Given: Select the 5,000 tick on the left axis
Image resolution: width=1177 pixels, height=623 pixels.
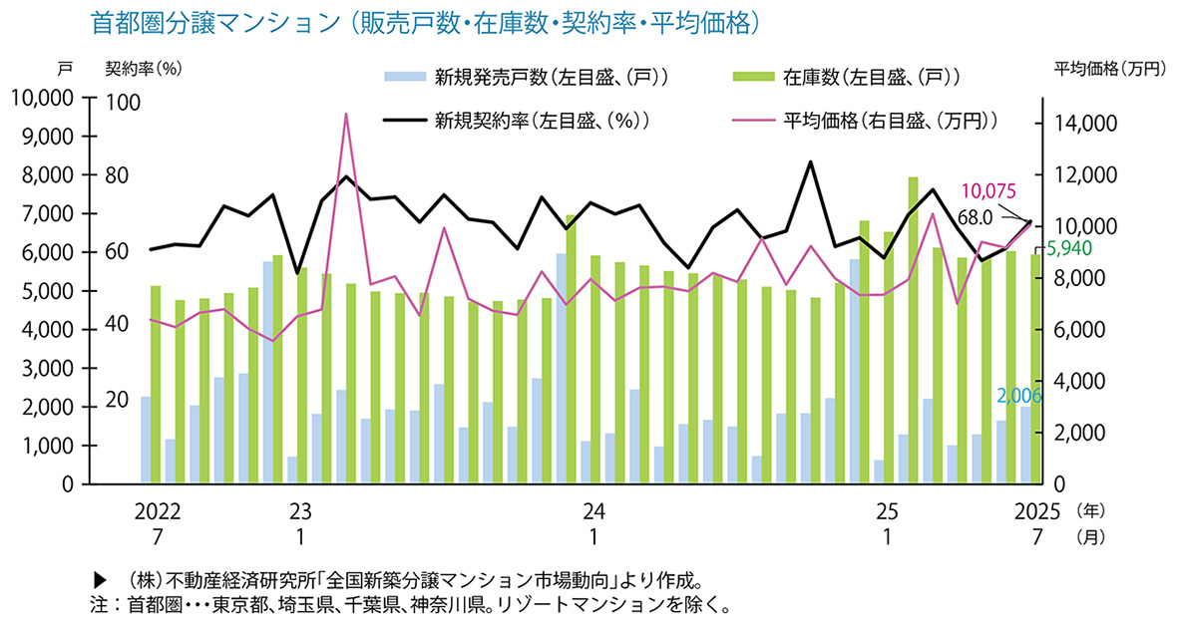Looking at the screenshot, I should (46, 291).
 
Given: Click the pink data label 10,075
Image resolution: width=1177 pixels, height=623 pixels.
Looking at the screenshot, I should (988, 191).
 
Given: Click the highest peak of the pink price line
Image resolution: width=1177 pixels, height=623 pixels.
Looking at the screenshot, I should (345, 115).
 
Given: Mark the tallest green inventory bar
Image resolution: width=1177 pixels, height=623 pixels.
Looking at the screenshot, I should (913, 179).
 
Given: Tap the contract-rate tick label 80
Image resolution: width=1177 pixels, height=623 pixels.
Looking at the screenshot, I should (118, 175).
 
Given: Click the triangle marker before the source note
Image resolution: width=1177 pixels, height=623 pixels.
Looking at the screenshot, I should (99, 580).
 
